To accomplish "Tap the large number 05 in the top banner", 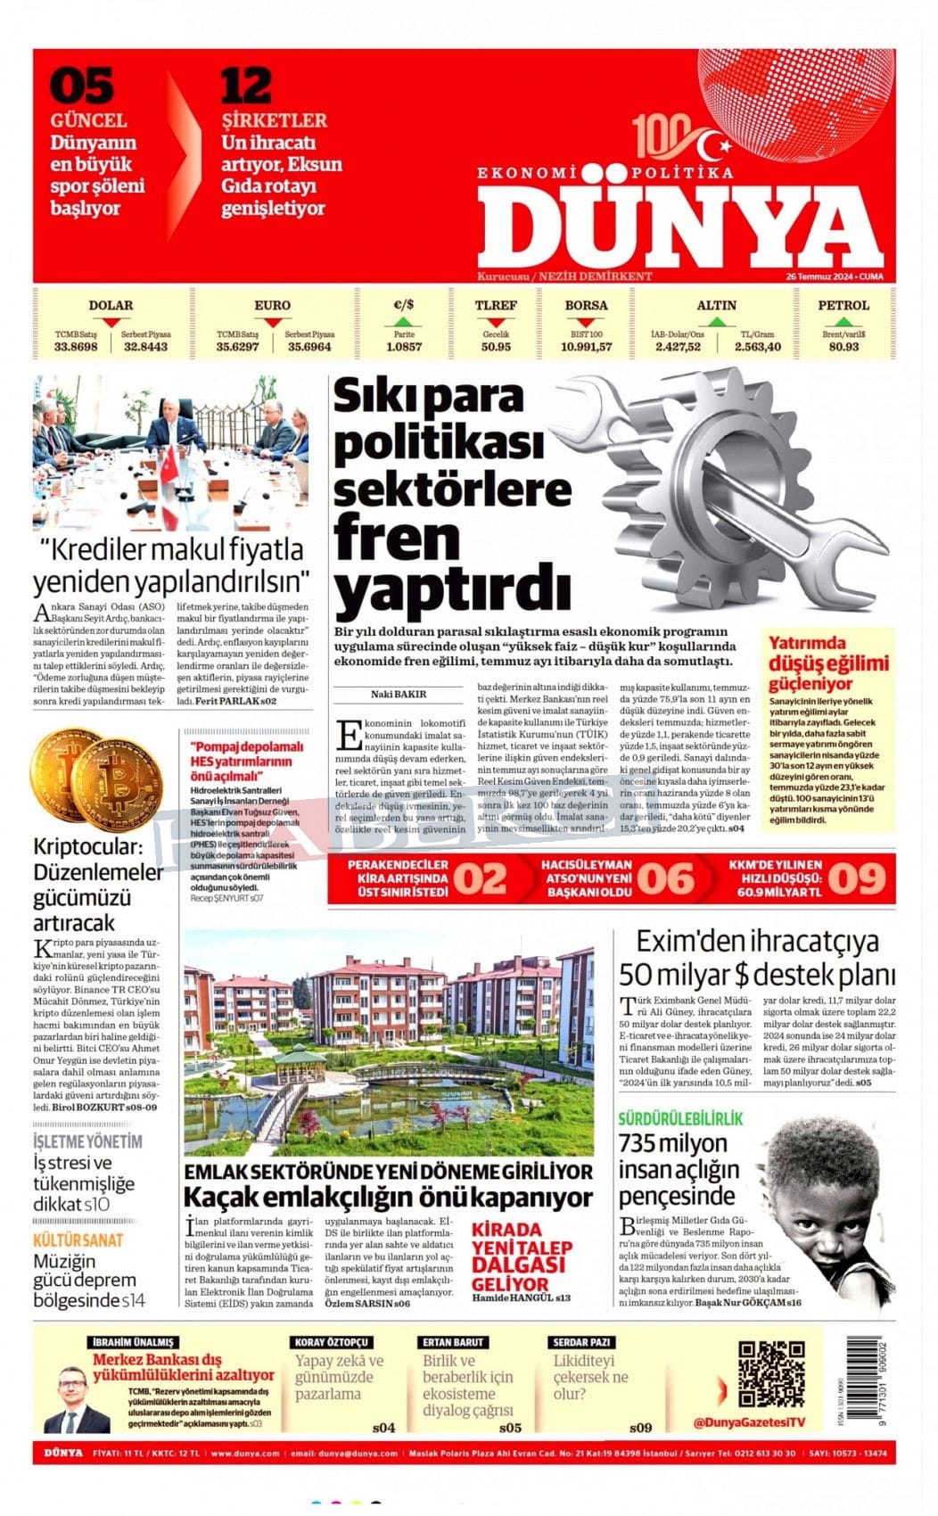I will [x=81, y=87].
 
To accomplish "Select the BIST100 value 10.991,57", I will [x=586, y=347].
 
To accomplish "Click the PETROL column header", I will [x=843, y=305].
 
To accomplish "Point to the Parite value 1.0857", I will [x=404, y=347].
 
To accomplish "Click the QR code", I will [x=771, y=1373].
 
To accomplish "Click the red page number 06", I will [x=665, y=878].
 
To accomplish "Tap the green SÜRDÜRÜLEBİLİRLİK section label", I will [x=680, y=1118].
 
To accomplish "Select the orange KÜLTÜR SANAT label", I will [x=78, y=1240].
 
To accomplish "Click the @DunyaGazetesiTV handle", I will [x=748, y=1421].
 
